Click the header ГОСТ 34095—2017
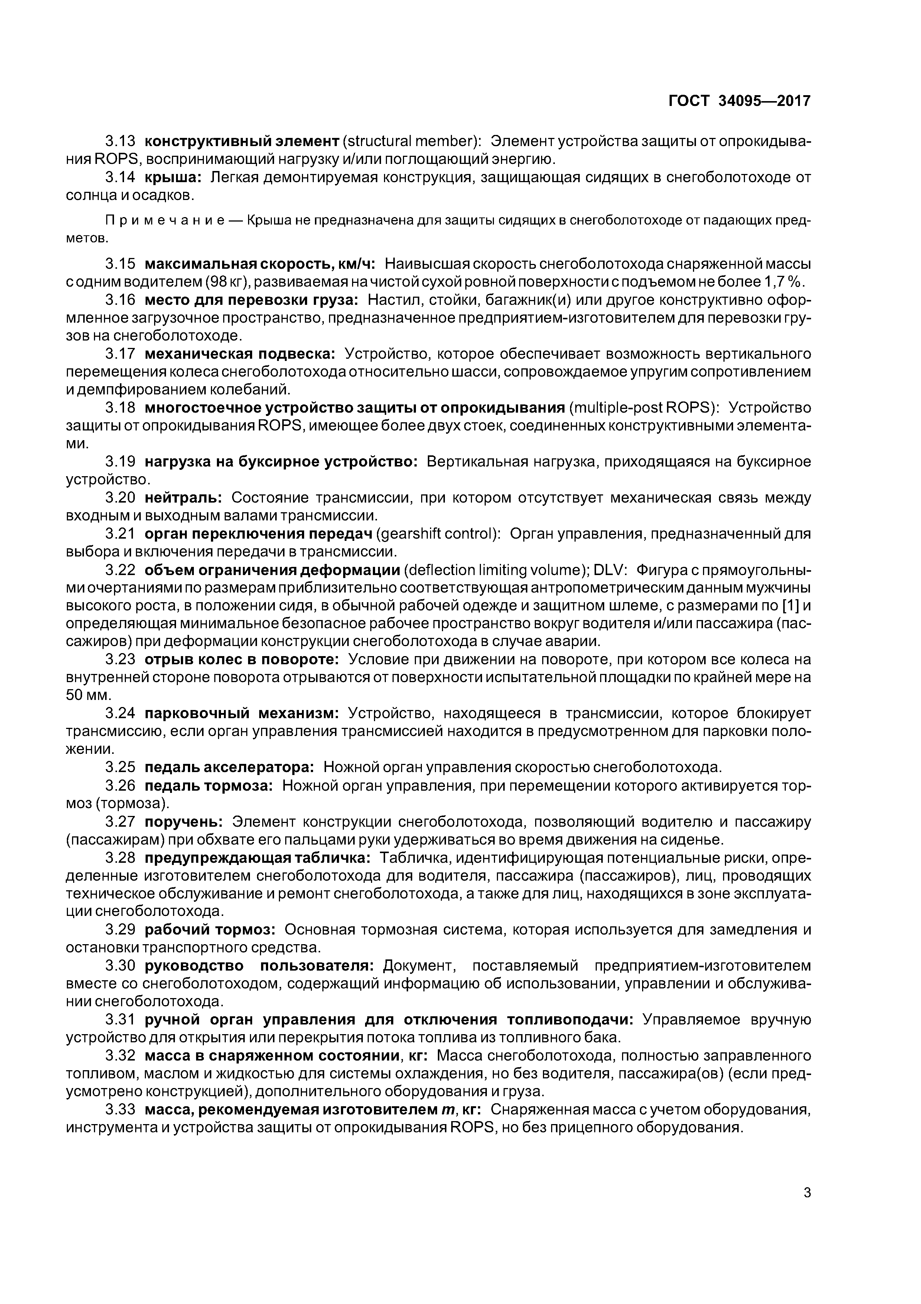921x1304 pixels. (739, 101)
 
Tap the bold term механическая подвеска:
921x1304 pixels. (240, 354)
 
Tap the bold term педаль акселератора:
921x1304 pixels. (229, 768)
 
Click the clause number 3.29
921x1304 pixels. (120, 930)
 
